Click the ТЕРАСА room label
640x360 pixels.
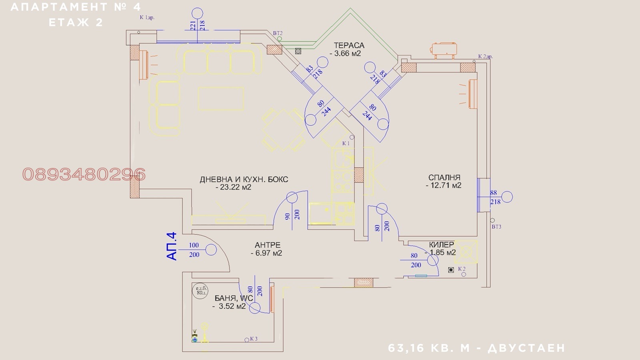pos(349,46)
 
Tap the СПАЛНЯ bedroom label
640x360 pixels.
pos(444,177)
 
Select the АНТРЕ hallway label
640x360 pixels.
pos(268,245)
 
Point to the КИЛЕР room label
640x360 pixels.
pos(441,244)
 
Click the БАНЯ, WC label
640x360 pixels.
pos(234,298)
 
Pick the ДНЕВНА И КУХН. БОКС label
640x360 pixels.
pos(244,180)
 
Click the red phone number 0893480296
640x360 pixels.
pos(84,174)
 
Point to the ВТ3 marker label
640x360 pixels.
pos(496,227)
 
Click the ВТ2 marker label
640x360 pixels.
pos(278,33)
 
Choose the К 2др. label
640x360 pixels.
pos(485,56)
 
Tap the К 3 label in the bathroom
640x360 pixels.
pos(254,339)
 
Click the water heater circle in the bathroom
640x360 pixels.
pos(200,291)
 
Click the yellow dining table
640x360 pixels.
pos(283,129)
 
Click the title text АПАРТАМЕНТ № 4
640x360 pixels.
pos(76,7)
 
